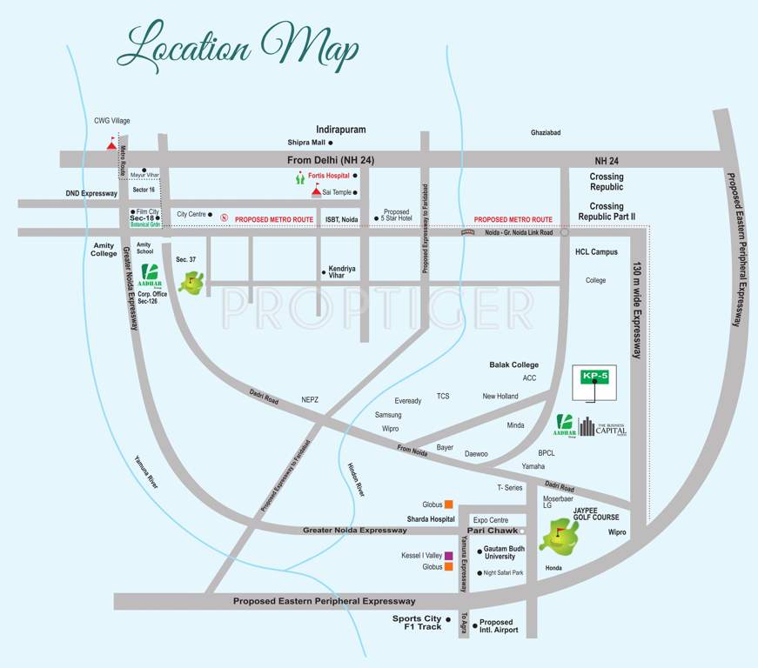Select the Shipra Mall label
(306, 142)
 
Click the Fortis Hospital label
(328, 176)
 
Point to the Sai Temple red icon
(316, 190)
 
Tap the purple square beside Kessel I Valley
(449, 555)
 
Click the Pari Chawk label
(493, 530)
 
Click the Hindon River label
(356, 479)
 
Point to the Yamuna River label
(146, 472)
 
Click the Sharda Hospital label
(431, 519)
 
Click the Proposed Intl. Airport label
(497, 625)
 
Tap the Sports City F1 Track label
(417, 623)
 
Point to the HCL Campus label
(596, 252)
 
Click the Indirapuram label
(341, 129)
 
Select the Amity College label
(103, 250)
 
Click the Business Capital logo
(603, 426)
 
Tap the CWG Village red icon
(111, 144)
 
